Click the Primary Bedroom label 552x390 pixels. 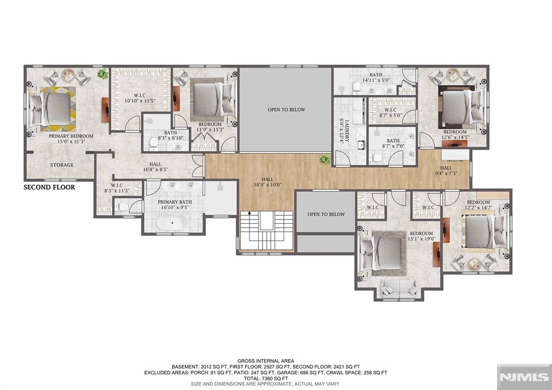[x=71, y=136]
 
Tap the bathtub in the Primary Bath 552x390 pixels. [x=172, y=223]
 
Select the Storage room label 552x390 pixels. [x=61, y=165]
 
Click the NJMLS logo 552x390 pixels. [x=524, y=377]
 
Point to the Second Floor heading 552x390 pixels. [x=49, y=187]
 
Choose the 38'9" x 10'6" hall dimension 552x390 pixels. [x=267, y=184]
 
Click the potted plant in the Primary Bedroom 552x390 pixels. [x=103, y=74]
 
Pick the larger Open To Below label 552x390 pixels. [x=286, y=110]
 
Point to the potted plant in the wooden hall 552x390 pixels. [x=325, y=160]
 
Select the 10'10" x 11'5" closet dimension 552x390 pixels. [x=140, y=101]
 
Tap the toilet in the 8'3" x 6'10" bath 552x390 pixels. [x=154, y=143]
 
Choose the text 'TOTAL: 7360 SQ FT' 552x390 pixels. [x=266, y=378]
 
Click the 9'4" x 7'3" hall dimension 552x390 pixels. [x=446, y=173]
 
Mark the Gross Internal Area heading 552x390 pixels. [x=266, y=361]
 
